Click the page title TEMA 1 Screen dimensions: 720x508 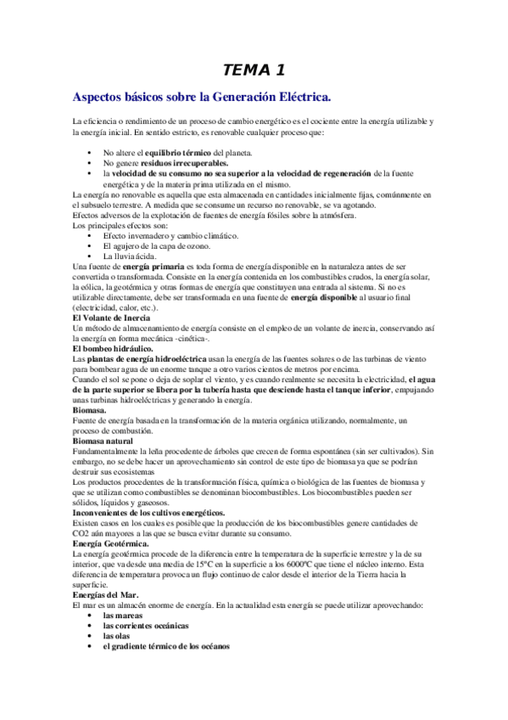[x=254, y=70]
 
